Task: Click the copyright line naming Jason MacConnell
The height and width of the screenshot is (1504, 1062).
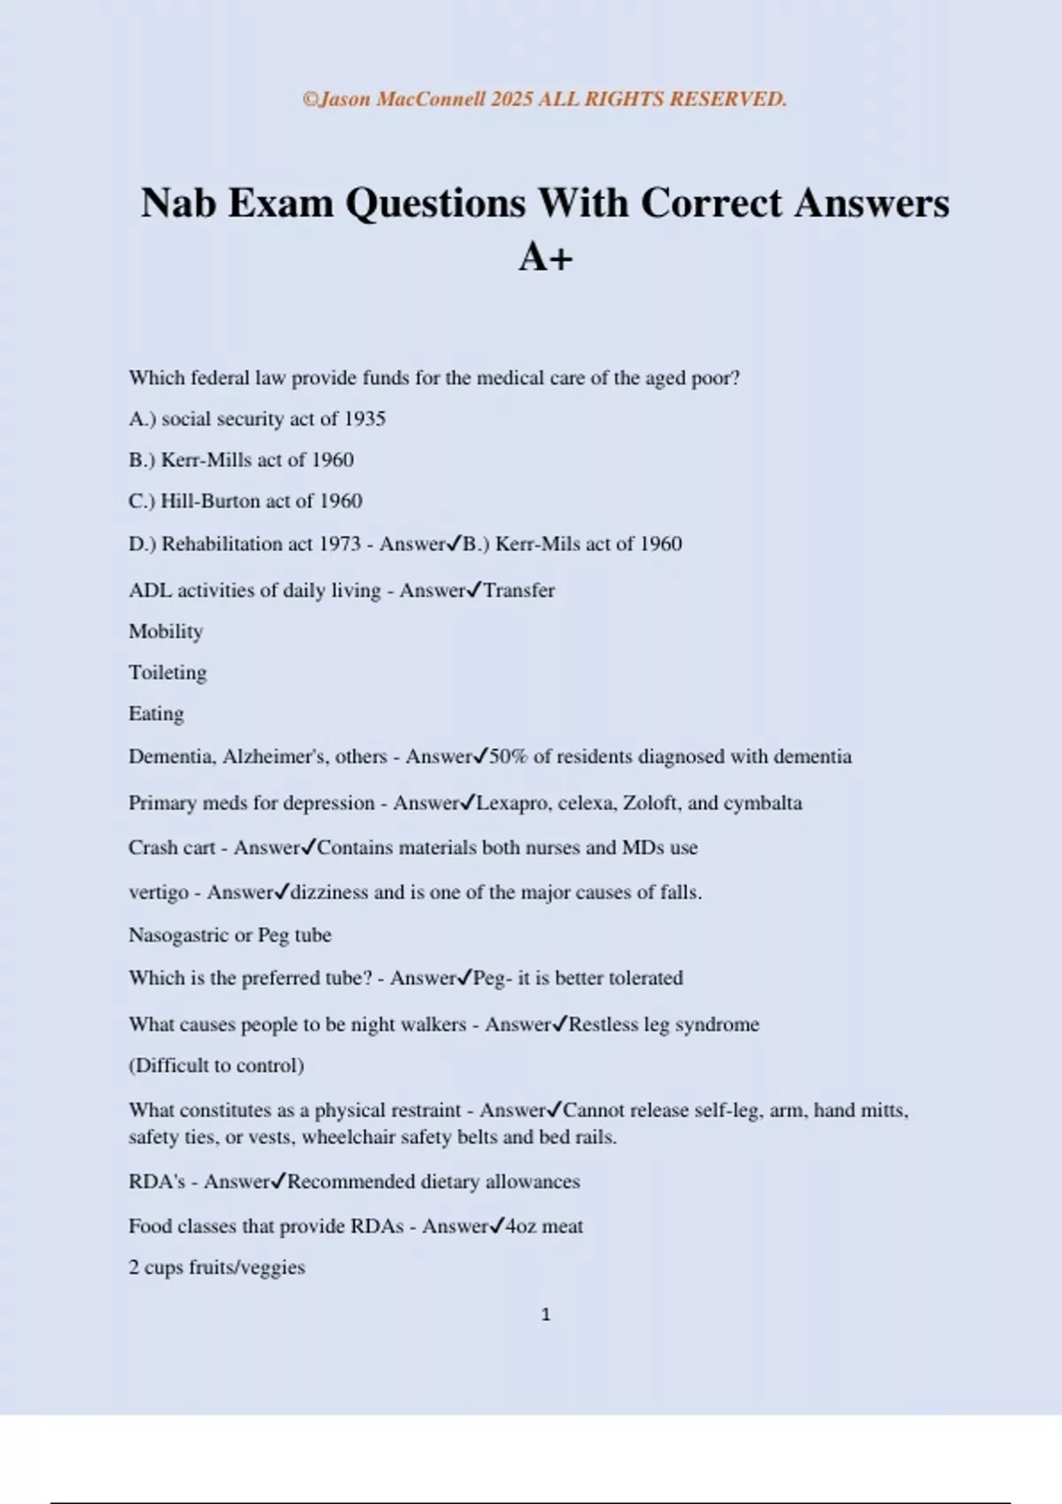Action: click(x=544, y=99)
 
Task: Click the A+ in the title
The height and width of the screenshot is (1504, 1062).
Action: click(x=545, y=257)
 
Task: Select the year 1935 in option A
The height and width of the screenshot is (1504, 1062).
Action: click(x=365, y=418)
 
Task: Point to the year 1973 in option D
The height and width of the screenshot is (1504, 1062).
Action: click(x=340, y=543)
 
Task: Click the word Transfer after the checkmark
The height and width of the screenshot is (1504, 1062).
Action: click(x=519, y=590)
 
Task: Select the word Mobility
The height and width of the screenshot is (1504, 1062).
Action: click(x=165, y=632)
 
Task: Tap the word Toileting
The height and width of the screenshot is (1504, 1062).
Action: click(x=167, y=672)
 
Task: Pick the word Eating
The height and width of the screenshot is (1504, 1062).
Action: click(x=156, y=713)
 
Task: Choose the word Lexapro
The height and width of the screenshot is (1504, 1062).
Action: click(x=511, y=803)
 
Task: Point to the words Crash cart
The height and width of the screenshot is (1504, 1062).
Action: click(x=172, y=848)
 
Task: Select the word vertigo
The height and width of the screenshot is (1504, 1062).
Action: click(x=158, y=893)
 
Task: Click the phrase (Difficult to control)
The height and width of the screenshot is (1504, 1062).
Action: click(x=216, y=1065)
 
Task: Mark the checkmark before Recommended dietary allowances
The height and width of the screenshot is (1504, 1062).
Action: click(x=279, y=1180)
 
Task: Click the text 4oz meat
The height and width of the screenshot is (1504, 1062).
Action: click(x=544, y=1226)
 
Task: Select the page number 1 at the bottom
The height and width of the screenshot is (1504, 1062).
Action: click(x=545, y=1315)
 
